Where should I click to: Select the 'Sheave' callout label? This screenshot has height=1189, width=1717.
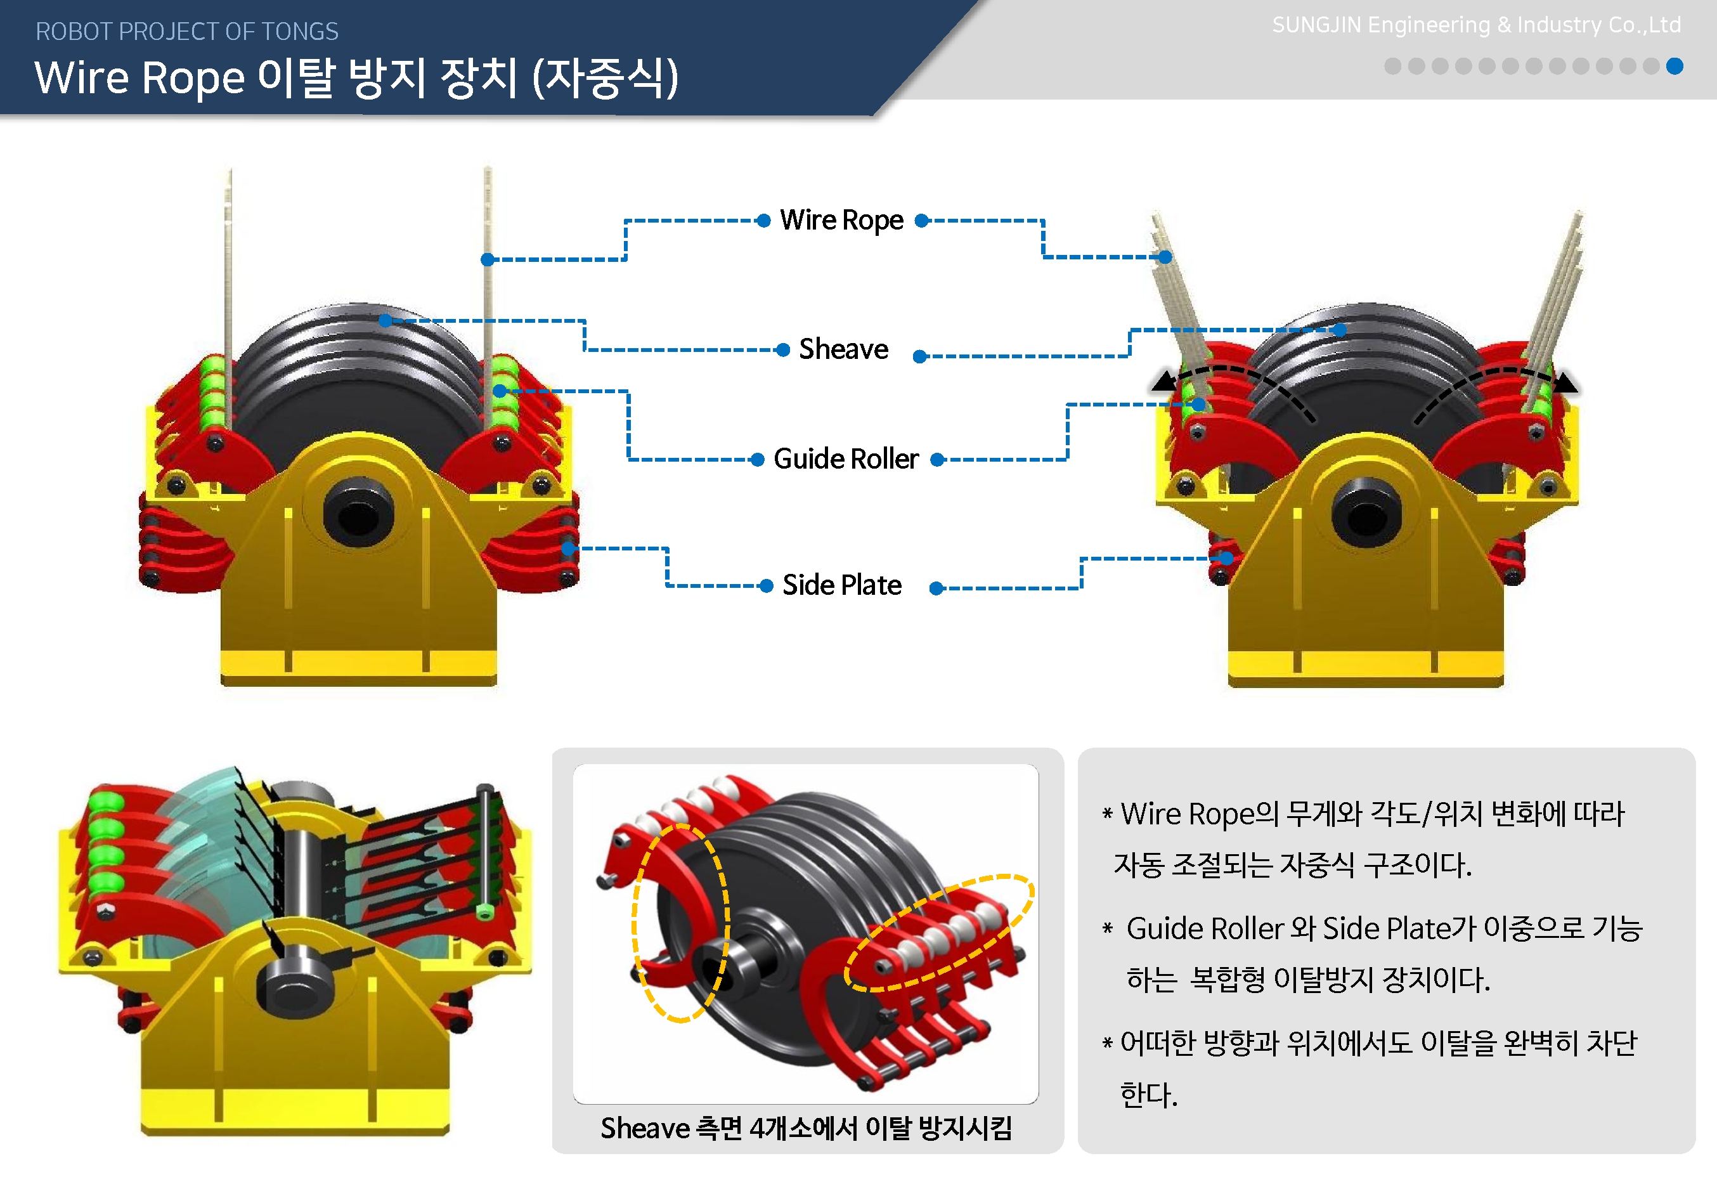843,349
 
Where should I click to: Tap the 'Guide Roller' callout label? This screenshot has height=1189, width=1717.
846,459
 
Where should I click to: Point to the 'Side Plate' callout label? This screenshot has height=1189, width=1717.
842,585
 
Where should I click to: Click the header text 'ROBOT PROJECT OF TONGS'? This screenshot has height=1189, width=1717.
187,31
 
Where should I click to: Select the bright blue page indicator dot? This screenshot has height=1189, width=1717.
1675,67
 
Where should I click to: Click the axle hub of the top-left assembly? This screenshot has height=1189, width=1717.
358,516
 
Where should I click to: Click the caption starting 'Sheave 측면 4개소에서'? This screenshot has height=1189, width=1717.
806,1129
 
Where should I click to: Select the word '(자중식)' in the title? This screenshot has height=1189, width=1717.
605,78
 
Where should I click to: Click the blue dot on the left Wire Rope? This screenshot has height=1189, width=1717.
487,259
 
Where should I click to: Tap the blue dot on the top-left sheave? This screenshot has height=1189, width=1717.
385,321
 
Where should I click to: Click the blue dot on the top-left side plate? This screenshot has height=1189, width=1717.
567,549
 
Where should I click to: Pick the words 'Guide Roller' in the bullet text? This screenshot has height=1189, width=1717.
1205,929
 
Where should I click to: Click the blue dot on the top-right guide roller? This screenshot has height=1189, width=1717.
1198,405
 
